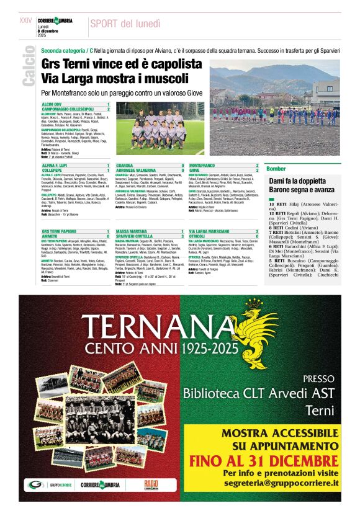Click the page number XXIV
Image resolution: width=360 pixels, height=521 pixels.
tap(25, 20)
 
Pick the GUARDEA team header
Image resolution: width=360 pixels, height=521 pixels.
tap(125, 166)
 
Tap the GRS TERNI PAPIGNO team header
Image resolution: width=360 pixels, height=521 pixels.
tap(59, 231)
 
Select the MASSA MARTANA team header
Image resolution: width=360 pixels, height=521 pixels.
tap(132, 231)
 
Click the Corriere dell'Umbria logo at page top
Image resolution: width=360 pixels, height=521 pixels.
tap(55, 21)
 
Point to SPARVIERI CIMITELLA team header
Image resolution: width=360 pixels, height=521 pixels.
tap(137, 235)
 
